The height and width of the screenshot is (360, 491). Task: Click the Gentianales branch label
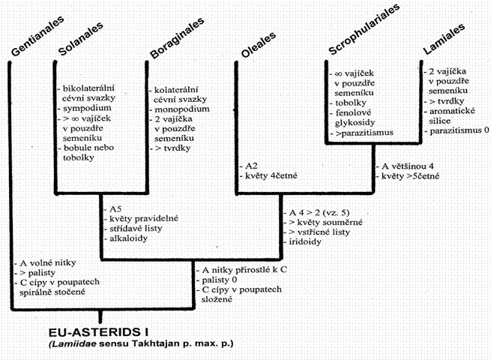[37, 36]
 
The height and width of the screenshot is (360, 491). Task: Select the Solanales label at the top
[81, 39]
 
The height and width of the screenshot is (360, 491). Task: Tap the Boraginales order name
[177, 38]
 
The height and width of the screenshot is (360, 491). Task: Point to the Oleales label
[259, 45]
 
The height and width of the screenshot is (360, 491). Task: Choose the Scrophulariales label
[364, 29]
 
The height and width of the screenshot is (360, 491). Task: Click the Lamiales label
[444, 39]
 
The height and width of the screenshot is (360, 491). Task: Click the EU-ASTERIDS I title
[99, 332]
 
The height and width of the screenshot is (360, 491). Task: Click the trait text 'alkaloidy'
[128, 238]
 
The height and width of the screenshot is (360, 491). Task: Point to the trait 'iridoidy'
[305, 242]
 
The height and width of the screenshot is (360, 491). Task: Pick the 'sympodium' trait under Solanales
[87, 108]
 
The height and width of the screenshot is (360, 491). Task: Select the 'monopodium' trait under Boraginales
[182, 109]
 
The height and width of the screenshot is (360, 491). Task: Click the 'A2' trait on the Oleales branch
[251, 166]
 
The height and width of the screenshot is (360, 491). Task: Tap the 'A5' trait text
[115, 209]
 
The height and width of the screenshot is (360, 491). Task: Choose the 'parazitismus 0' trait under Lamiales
[459, 130]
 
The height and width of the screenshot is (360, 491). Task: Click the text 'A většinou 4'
[407, 166]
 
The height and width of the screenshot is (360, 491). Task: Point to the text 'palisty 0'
[219, 280]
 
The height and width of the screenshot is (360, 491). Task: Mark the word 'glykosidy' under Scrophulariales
[355, 122]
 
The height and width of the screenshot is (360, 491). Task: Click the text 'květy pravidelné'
[144, 219]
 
